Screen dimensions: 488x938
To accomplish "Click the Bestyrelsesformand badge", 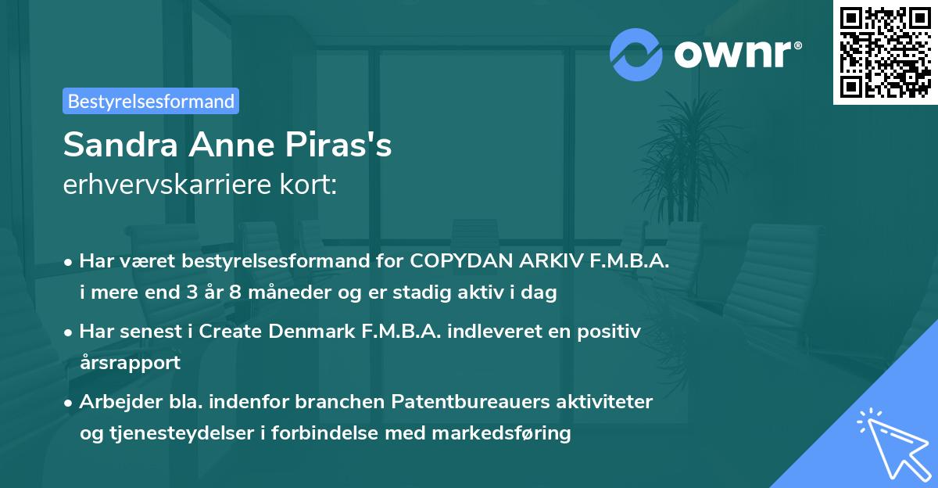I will [x=151, y=101].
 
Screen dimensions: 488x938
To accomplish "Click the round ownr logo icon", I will [x=635, y=53].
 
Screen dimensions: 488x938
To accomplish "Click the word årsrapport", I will [x=130, y=362].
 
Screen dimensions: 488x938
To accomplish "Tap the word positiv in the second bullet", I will [x=612, y=331].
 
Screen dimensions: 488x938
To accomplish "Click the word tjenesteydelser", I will [x=181, y=432].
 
